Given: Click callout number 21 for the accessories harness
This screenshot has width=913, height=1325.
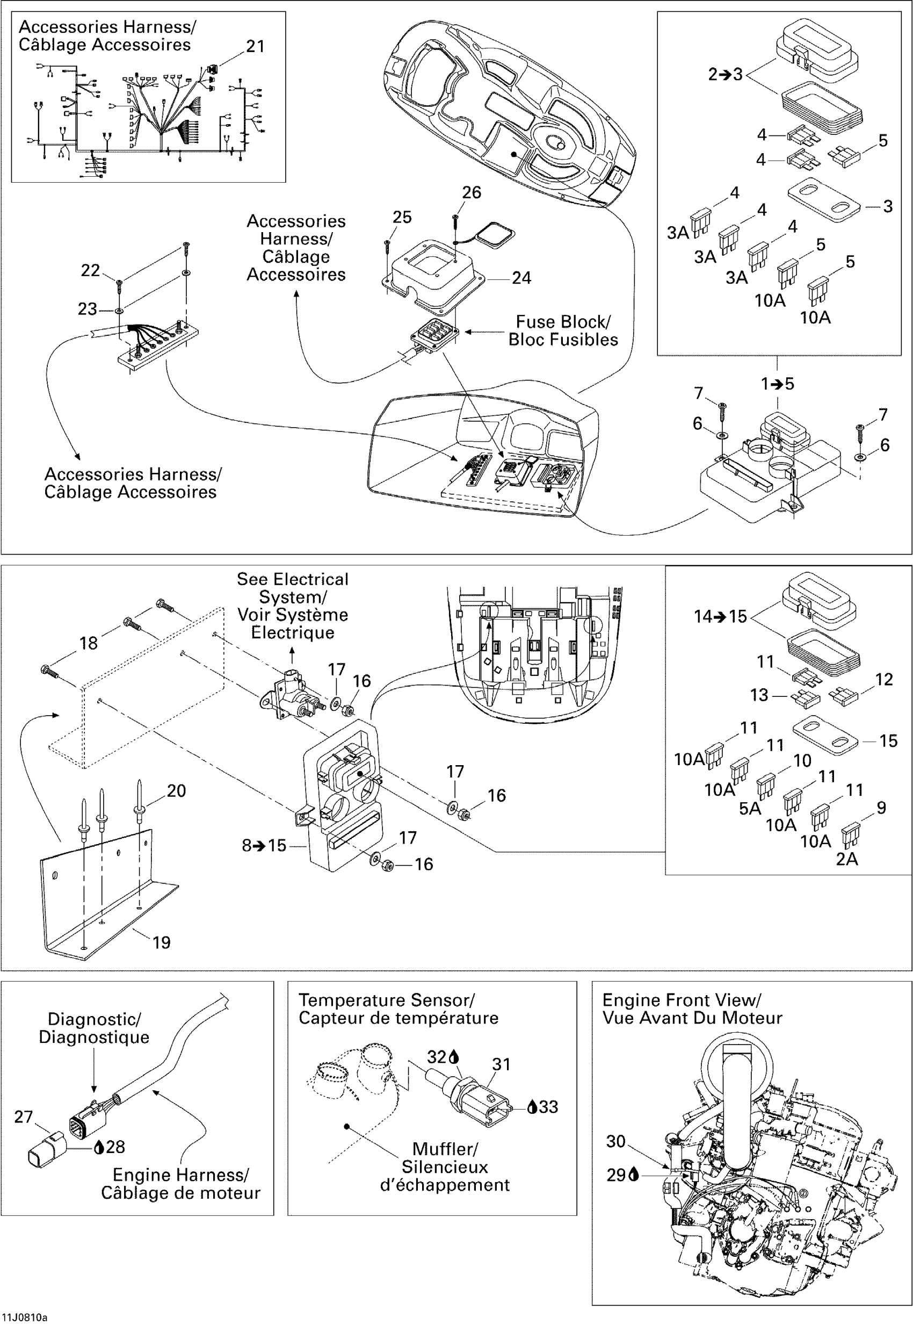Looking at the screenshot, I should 255,46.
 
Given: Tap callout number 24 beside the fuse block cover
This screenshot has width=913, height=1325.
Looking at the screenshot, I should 521,278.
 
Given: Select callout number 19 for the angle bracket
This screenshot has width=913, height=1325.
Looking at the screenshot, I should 161,942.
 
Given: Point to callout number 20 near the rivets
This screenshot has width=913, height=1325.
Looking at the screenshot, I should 176,791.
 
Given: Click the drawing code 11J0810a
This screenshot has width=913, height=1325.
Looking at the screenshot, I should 25,1317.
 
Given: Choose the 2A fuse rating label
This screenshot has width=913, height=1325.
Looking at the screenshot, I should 846,859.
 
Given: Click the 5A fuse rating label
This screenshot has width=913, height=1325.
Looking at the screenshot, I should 750,809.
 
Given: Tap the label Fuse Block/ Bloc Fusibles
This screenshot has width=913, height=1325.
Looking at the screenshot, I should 563,331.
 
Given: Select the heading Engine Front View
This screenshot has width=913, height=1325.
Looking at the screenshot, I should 682,1000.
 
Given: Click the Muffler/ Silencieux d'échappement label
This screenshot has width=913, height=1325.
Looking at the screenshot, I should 445,1167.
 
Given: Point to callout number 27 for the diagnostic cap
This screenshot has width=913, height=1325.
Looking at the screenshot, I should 24,1117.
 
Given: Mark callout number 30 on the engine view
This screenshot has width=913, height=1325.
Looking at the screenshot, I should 615,1141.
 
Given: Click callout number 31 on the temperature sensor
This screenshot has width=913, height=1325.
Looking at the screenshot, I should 501,1064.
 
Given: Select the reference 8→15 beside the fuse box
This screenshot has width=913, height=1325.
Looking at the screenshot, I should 264,846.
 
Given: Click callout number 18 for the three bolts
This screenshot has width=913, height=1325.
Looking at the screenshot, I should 88,643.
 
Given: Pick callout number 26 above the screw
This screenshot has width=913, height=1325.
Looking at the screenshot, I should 472,193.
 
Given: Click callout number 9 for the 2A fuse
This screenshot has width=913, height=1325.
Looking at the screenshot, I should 881,808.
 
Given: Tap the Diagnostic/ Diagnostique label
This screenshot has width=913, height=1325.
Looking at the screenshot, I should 94,1028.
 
